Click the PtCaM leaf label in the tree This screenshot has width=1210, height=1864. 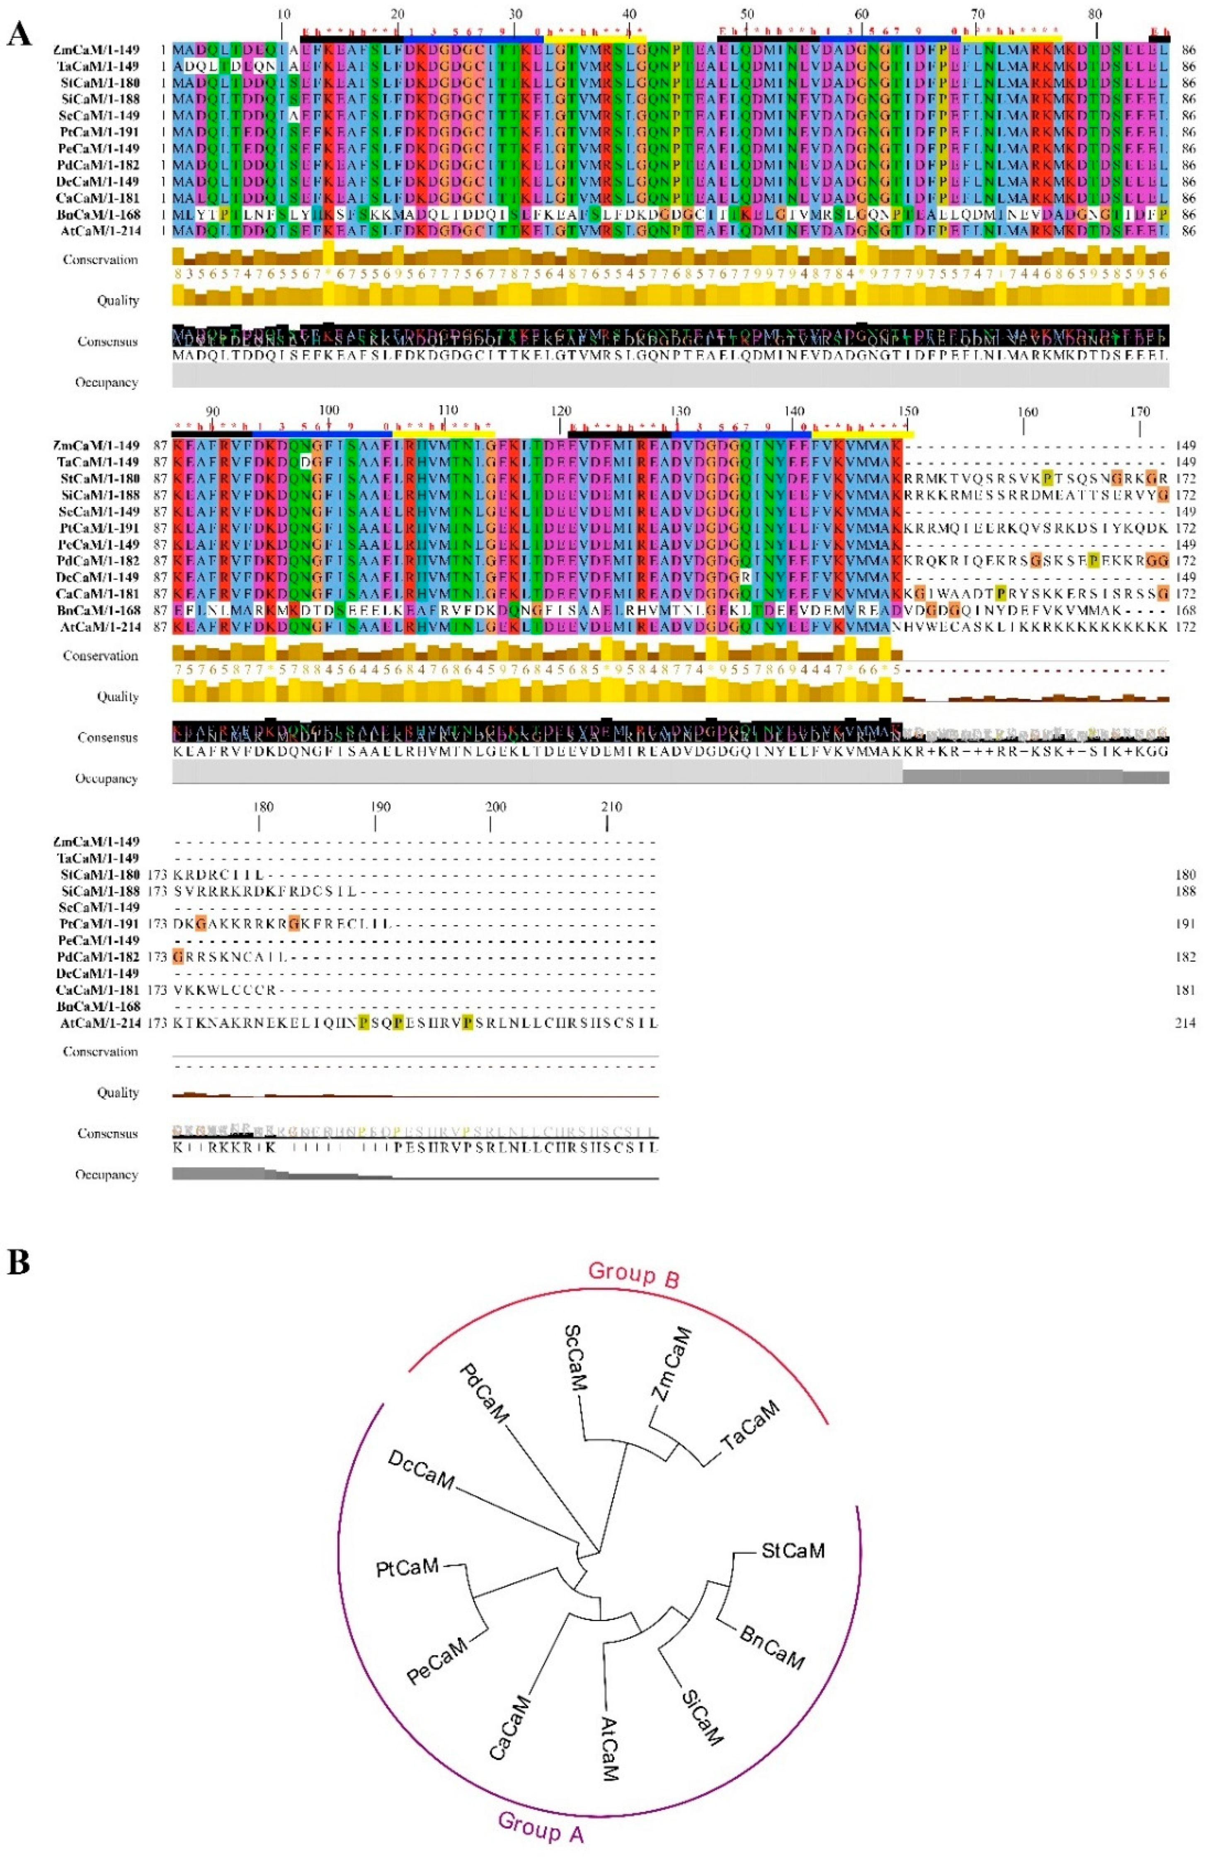coord(407,1567)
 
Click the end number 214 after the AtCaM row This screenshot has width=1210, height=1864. coord(1185,1023)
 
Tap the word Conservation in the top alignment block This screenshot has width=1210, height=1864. coord(100,260)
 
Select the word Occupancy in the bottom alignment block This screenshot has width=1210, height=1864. coord(107,1175)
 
